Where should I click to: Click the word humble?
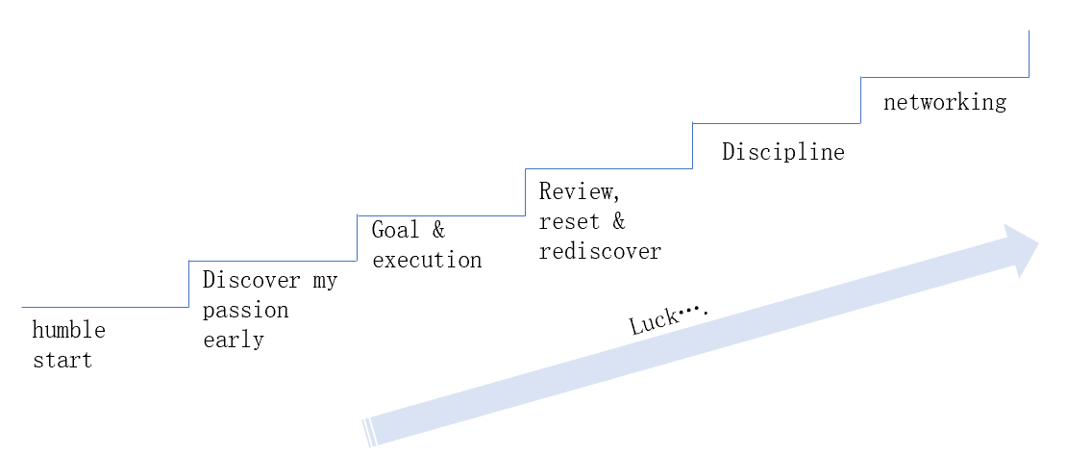tap(68, 331)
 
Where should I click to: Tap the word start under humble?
tap(62, 361)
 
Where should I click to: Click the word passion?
tap(245, 311)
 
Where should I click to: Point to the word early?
tap(233, 340)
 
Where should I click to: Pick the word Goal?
tap(395, 230)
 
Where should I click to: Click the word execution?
tap(427, 260)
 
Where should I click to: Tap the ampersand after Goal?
tap(438, 230)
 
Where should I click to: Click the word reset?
tap(569, 221)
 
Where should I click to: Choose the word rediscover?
tap(600, 251)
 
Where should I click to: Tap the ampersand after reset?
tap(618, 221)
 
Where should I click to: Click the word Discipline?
tap(783, 152)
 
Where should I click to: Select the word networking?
tap(945, 102)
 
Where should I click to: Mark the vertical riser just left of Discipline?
tap(693, 146)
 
